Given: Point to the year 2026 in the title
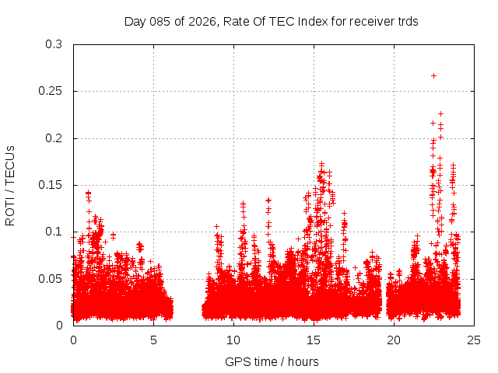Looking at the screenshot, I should tap(198, 22).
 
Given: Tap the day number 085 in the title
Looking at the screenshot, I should tap(160, 22).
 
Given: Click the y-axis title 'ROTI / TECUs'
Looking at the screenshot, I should tap(11, 185).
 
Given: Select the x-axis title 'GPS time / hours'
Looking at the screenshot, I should tap(272, 361).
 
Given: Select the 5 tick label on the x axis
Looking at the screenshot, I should tap(154, 340).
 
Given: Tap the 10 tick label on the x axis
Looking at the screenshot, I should tap(234, 340).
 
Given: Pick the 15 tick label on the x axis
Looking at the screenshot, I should tap(314, 340).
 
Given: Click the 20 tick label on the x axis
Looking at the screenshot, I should tap(395, 340).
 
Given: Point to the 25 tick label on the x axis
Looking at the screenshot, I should tap(475, 340).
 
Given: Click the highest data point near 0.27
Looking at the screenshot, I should tap(433, 75).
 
